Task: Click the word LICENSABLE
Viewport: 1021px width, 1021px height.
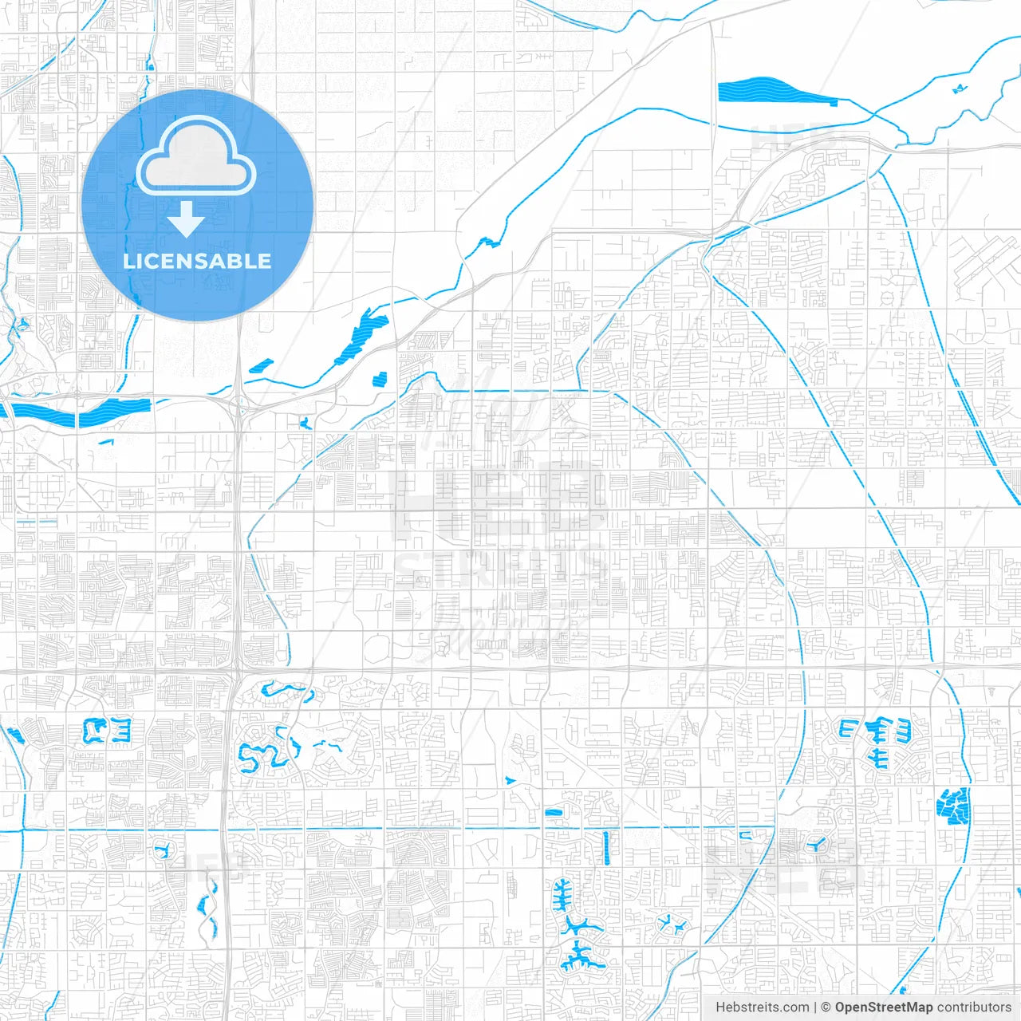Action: click(197, 261)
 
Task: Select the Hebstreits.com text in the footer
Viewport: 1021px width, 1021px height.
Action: click(762, 1007)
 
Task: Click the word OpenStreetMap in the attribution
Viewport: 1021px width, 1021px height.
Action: click(884, 1007)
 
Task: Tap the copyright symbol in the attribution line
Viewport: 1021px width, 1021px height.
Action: click(826, 1007)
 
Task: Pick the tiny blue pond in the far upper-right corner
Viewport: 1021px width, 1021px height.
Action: click(959, 89)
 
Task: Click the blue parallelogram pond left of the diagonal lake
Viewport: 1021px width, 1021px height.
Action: click(261, 366)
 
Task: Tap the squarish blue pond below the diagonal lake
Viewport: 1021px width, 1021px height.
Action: click(380, 379)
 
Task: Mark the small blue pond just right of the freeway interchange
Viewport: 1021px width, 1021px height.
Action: click(305, 422)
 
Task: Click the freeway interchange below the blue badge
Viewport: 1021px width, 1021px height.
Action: click(239, 403)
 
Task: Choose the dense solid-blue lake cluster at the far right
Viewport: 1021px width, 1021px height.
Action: click(954, 806)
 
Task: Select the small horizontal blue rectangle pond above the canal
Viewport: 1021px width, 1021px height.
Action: click(554, 813)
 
